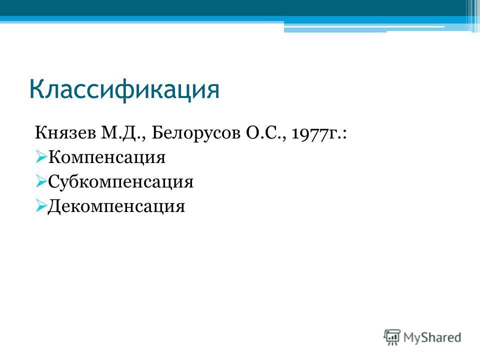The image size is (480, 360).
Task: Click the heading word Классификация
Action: pos(124,90)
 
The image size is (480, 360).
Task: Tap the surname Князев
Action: pos(65,133)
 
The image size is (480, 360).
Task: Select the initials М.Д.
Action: pos(121,133)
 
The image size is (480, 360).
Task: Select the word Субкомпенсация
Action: pos(120,182)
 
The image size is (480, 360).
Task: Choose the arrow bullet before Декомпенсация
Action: pos(40,205)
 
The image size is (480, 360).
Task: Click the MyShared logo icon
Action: pos(392,337)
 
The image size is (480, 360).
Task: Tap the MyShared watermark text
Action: pos(432,337)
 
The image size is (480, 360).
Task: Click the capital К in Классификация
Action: pos(36,89)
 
